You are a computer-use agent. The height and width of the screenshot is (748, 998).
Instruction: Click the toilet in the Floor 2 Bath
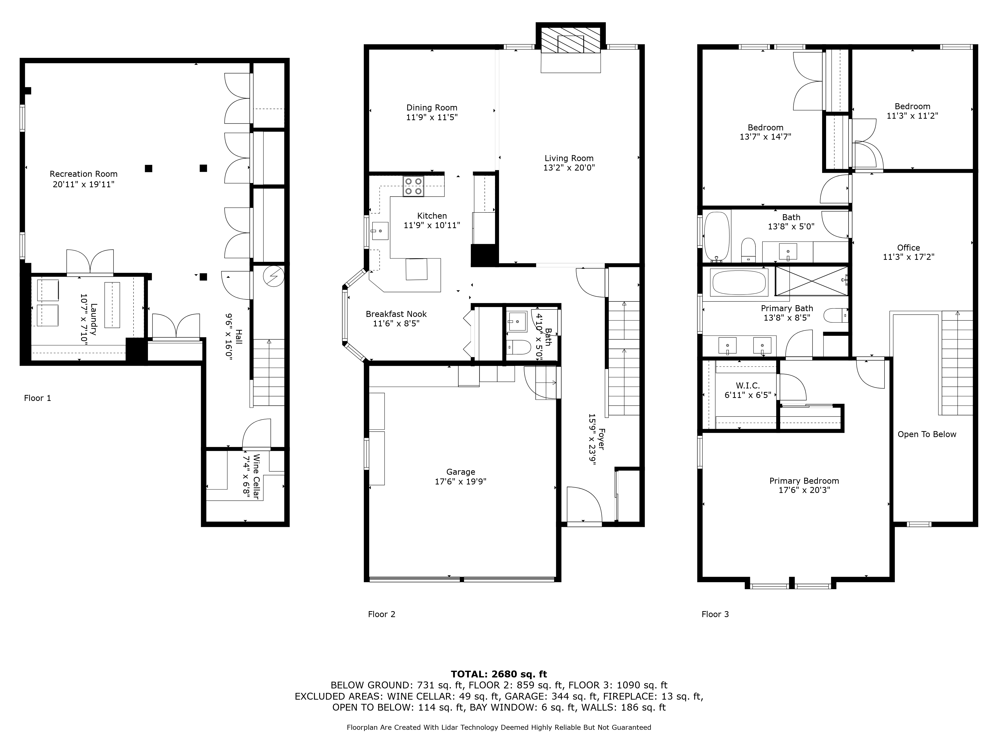pyautogui.click(x=519, y=347)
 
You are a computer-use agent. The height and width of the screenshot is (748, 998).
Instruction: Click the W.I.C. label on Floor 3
pyautogui.click(x=748, y=385)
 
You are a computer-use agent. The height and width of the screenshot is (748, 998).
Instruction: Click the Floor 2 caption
pyautogui.click(x=381, y=614)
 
